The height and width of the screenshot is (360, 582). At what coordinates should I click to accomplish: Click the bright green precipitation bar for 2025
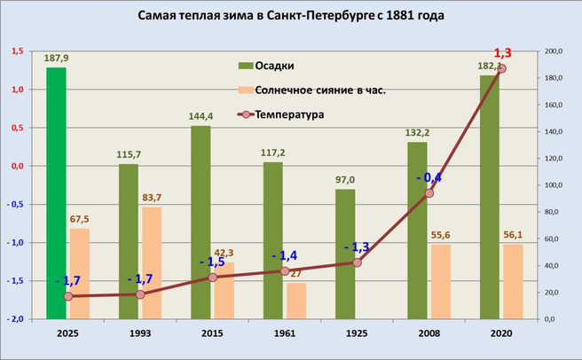56,192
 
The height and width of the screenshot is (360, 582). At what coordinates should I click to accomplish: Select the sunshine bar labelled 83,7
152,262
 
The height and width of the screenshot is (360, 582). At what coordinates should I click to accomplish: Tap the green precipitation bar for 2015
201,222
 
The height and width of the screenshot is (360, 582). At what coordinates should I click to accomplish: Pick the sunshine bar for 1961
296,301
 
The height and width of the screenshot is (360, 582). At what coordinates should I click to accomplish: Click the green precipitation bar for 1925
345,254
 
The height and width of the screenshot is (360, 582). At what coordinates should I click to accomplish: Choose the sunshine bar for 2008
441,281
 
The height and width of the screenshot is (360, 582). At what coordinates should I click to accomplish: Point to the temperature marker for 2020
501,68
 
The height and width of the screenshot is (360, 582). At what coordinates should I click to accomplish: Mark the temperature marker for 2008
429,193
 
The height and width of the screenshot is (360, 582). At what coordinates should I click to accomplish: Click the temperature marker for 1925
357,262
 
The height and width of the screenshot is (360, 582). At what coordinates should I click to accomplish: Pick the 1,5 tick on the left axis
16,51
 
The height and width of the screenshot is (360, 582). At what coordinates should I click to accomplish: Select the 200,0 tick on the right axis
554,51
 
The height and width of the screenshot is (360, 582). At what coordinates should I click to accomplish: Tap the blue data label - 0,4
429,176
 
